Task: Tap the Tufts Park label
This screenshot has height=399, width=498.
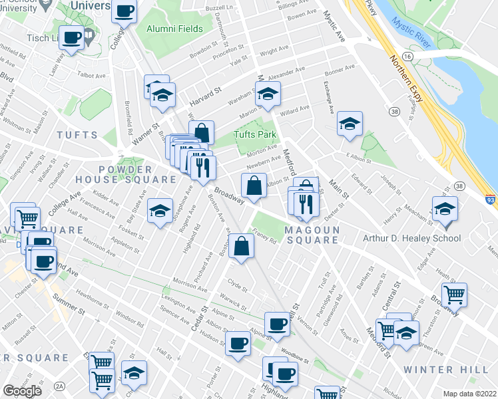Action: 254,135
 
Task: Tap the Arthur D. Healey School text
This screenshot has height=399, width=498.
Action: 411,238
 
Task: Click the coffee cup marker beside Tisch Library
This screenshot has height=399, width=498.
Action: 72,37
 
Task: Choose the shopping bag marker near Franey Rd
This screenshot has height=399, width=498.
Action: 244,245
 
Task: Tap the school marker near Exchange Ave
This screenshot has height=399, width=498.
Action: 349,123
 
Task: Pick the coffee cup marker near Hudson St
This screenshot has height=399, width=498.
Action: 238,344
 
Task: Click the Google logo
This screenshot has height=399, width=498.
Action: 23,390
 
